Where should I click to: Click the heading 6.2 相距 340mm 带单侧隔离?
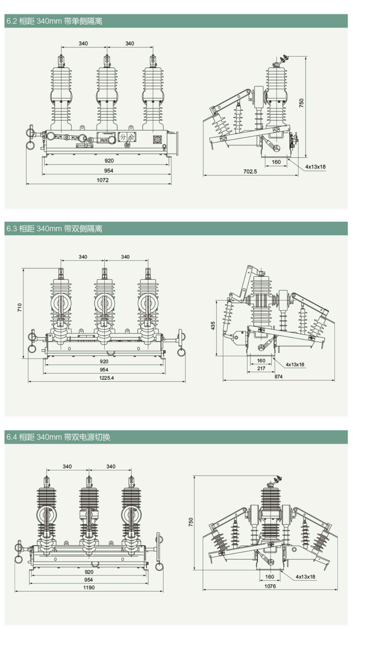tap(54, 21)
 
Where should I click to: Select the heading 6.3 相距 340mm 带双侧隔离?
tap(54, 229)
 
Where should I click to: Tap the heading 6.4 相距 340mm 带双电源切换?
tap(58, 437)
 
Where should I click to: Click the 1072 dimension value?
tap(102, 180)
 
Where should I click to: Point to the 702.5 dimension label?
tap(250, 172)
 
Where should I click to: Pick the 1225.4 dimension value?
tap(107, 378)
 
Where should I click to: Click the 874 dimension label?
tap(278, 377)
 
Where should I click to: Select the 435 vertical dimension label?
tap(213, 326)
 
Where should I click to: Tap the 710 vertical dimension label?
tap(20, 308)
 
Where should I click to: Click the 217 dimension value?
tap(261, 368)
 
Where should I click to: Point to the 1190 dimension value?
tap(89, 587)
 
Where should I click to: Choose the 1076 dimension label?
tap(270, 586)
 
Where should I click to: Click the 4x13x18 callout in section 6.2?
tap(315, 167)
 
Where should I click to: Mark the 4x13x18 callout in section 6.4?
tap(305, 577)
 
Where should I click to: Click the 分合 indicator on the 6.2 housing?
tap(127, 137)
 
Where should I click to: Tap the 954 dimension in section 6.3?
tap(104, 370)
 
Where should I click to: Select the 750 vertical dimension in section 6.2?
tap(301, 103)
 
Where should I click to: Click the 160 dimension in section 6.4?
tap(269, 577)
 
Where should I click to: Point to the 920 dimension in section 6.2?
tap(109, 161)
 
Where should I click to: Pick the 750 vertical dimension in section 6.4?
tap(191, 522)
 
